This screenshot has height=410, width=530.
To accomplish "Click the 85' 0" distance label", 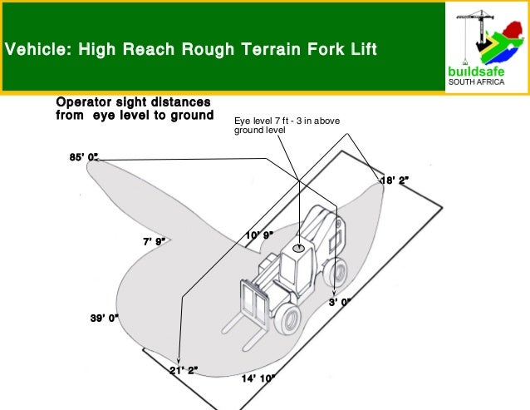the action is (84, 157).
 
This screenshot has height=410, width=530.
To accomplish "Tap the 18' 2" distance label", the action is (395, 180).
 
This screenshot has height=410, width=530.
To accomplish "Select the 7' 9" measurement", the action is (155, 241).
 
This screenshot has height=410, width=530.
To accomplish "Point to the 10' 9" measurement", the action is (259, 235).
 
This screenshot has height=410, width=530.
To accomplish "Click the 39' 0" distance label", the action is (105, 318).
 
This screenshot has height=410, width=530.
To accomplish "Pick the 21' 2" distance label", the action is (184, 370).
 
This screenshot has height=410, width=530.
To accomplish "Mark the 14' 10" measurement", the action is (258, 378).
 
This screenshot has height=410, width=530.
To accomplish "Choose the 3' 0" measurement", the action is (340, 302).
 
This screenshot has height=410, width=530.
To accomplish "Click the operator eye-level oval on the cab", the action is (298, 249).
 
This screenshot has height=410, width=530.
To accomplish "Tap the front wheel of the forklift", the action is (287, 319).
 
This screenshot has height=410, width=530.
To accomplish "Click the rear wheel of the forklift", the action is (336, 272).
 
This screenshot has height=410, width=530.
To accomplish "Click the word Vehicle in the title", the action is (36, 49).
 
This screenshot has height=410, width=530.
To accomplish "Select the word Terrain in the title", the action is (271, 49).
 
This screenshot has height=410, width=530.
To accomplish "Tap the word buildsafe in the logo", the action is (476, 72).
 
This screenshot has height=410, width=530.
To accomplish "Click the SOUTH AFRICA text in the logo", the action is (476, 82).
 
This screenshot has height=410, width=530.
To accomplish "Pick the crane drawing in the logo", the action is (475, 36).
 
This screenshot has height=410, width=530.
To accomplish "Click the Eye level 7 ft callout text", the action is (287, 126).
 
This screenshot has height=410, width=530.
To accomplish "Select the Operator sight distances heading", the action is (135, 109).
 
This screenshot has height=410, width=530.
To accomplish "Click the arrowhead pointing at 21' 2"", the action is (179, 362).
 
